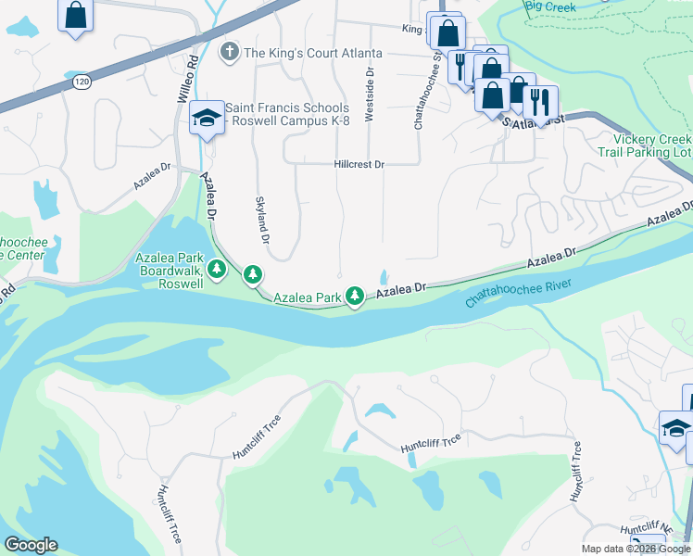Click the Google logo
tap(31, 545)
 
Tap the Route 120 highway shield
tap(80, 82)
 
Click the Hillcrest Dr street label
tap(359, 164)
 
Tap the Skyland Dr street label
tap(261, 220)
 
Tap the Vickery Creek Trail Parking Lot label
tap(645, 145)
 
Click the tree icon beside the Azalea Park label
tap(354, 296)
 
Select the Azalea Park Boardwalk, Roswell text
tap(169, 270)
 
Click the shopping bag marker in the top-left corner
tap(75, 15)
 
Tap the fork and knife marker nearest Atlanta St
tap(540, 100)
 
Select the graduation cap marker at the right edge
tap(674, 429)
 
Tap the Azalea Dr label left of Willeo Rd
tap(154, 176)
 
